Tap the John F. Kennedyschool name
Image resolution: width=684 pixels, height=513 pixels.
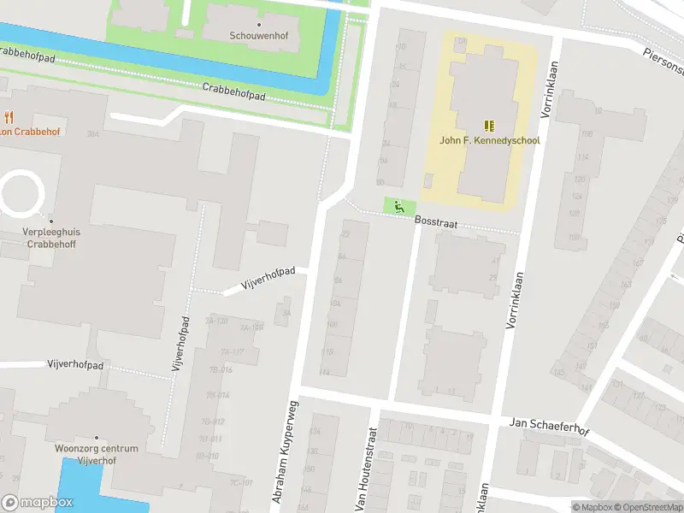point(490,140)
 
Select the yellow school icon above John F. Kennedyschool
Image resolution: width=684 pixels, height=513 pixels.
point(490,125)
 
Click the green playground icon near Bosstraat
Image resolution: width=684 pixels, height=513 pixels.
point(398,205)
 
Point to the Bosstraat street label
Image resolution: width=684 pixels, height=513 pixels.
point(438,221)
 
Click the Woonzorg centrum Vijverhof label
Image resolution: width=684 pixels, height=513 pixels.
point(96,454)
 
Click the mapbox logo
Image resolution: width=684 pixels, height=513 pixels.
point(37,502)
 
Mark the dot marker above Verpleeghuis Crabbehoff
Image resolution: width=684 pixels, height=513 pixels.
point(51,221)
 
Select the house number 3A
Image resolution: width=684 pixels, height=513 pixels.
point(287,313)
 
